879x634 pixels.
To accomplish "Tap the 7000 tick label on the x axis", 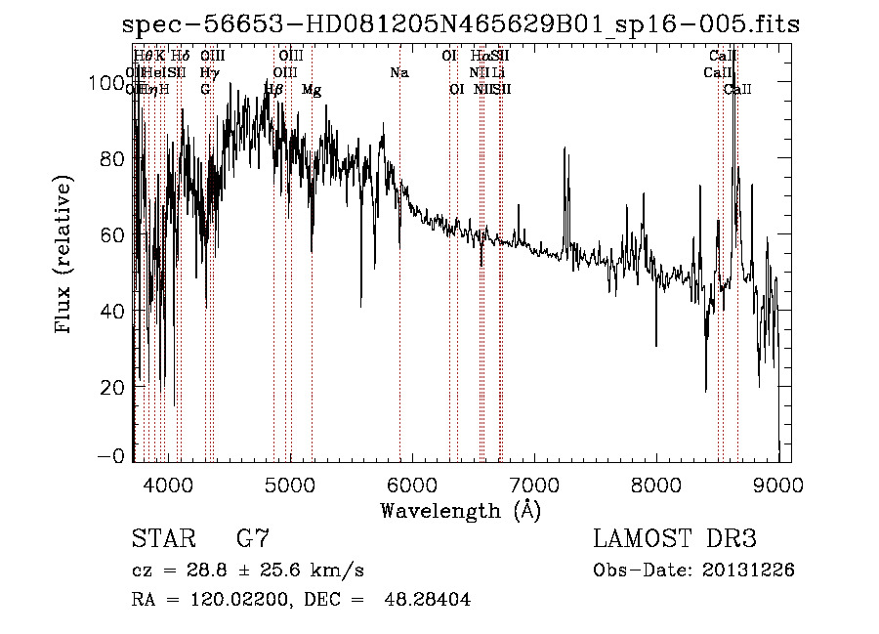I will pos(533,484).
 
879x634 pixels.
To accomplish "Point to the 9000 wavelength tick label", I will pos(777,484).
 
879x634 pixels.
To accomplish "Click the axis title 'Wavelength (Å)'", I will pos(460,510).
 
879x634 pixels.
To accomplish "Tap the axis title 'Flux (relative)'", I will pos(65,256).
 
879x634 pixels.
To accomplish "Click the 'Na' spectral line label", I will pos(398,73).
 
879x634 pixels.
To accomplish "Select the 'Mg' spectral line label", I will pos(312,90).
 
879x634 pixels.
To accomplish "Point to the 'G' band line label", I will pos(205,90).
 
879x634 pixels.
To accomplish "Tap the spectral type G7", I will pos(253,539).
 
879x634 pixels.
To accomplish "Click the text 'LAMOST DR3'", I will pos(675,539).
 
